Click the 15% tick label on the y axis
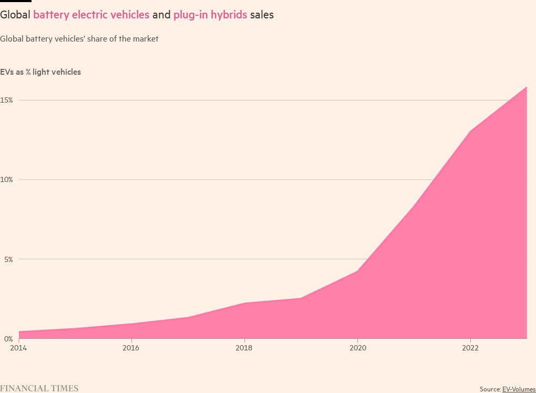[x=6, y=100]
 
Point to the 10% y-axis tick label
[x=6, y=179]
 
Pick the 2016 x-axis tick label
[x=131, y=348]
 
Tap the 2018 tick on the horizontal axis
[x=244, y=348]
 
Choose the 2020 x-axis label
[x=357, y=348]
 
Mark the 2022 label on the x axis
[x=470, y=348]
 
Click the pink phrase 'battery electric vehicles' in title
[x=91, y=15]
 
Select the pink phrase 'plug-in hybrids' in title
[x=210, y=15]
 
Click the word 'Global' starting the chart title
[x=15, y=15]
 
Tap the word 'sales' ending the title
[x=262, y=15]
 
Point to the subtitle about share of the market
[x=79, y=39]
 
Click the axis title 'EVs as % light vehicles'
[x=40, y=72]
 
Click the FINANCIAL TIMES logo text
[x=39, y=388]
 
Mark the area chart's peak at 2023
[x=526, y=87]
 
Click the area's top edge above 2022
[x=470, y=131]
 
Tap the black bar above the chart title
[x=16, y=1]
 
